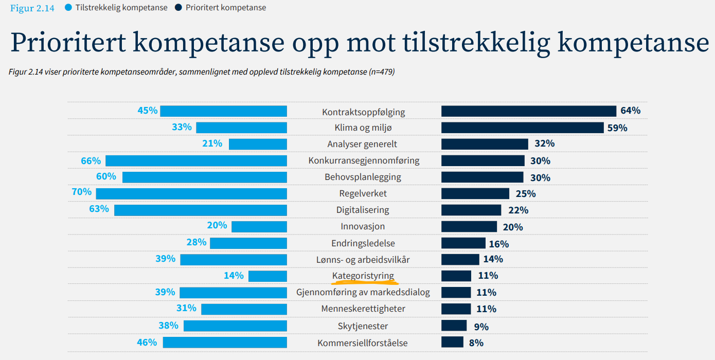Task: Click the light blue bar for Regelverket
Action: click(191, 193)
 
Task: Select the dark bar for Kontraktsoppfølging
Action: click(528, 111)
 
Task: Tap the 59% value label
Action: click(617, 128)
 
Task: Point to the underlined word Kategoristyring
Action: click(363, 276)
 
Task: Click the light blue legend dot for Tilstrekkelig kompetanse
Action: click(68, 8)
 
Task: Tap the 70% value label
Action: click(82, 192)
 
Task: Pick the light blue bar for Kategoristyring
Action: click(267, 276)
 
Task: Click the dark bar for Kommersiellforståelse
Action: click(452, 342)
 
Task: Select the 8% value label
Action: click(476, 343)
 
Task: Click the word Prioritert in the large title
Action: click(67, 43)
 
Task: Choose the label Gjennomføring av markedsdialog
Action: click(363, 293)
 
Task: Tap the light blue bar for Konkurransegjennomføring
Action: click(196, 160)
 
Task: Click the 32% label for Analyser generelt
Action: click(544, 144)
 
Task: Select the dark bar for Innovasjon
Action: click(469, 227)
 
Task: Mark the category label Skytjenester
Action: click(363, 326)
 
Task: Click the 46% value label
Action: click(147, 342)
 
